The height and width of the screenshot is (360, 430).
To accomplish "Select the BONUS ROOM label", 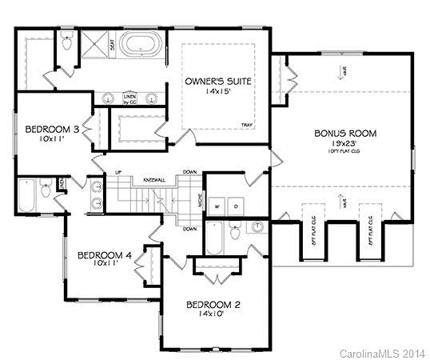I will pyautogui.click(x=345, y=134).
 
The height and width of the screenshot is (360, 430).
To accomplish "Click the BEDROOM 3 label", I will pyautogui.click(x=51, y=129).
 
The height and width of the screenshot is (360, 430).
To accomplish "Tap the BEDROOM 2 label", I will pyautogui.click(x=213, y=305).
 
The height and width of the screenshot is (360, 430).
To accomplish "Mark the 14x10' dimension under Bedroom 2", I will pyautogui.click(x=213, y=315).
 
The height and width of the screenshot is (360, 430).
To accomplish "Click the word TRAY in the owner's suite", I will pyautogui.click(x=247, y=125).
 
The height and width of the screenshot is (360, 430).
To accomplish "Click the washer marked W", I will pyautogui.click(x=216, y=205).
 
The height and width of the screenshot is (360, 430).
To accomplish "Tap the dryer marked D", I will pyautogui.click(x=235, y=205).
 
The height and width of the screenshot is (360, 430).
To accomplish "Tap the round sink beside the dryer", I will pyautogui.click(x=258, y=226).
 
